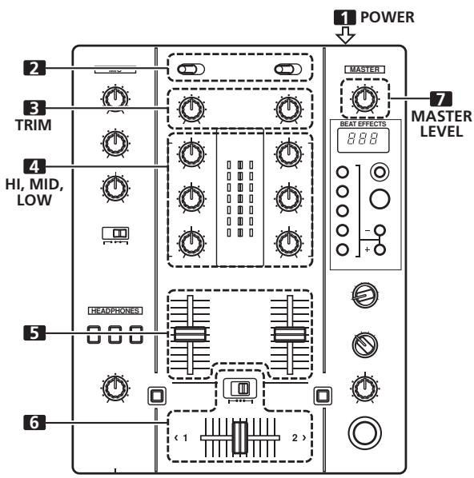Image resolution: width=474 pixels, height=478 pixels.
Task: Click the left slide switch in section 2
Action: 191,69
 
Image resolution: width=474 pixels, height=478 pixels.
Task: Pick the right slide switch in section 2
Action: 285,69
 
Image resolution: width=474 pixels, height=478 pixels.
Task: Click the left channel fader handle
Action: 189,334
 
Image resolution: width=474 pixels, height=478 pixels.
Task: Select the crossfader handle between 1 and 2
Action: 239,439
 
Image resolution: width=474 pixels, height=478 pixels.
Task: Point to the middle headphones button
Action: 117,336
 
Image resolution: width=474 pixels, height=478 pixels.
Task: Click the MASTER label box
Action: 365,70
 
